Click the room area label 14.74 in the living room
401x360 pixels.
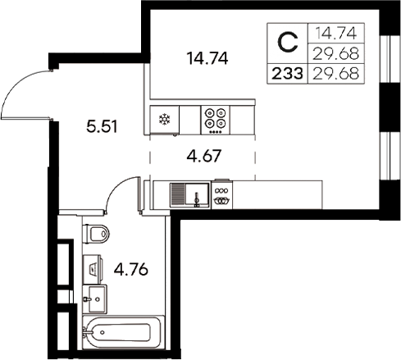click(x=207, y=58)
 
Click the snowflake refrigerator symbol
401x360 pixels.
click(x=163, y=118)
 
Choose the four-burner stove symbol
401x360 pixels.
click(x=216, y=119)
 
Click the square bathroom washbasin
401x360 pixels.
click(x=95, y=298)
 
